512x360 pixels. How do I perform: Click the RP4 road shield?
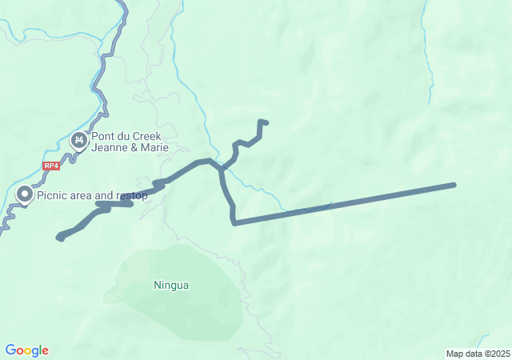coord(51,166)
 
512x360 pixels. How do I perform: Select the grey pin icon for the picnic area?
coord(25,194)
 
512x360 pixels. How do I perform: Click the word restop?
coord(131,194)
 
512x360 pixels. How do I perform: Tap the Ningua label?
coord(171,284)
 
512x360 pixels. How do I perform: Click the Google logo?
coord(26,350)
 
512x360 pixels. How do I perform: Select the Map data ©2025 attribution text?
coord(478,354)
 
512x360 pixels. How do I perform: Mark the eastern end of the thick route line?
coord(454,185)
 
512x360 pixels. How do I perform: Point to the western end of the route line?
coord(59,237)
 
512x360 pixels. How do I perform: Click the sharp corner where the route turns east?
coord(234,223)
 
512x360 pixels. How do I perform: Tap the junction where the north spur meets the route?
coord(222,168)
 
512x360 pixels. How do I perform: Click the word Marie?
coord(146,147)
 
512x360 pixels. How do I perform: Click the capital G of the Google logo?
coord(10,350)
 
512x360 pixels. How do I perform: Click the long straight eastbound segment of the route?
coord(344,204)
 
